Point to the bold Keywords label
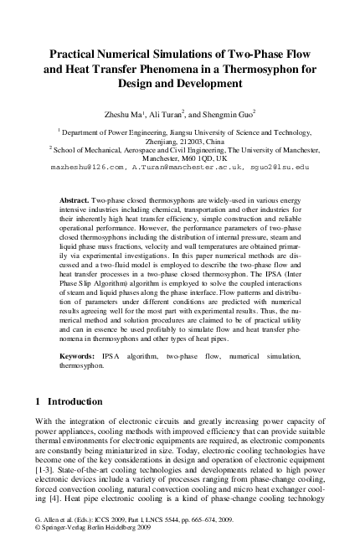[78, 380]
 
